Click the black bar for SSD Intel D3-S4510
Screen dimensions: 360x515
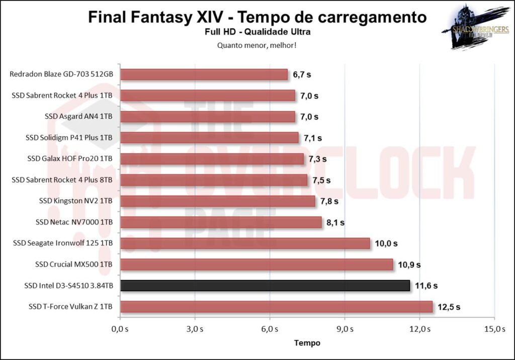tap(265, 286)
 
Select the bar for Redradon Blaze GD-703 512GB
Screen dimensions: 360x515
tap(204, 74)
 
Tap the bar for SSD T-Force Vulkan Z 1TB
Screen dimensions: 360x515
tap(277, 307)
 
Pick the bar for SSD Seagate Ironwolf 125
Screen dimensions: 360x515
tap(245, 243)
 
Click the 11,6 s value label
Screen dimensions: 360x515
tap(426, 286)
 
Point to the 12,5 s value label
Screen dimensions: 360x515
tap(449, 307)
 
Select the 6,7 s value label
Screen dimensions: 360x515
tap(302, 74)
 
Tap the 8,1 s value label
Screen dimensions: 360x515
tap(337, 222)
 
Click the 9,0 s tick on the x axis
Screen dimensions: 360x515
tap(345, 329)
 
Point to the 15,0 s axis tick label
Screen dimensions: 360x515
tap(494, 329)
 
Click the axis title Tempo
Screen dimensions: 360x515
tap(307, 343)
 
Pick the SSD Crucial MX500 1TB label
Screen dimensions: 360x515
tap(73, 264)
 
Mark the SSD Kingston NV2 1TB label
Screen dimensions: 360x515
tap(75, 201)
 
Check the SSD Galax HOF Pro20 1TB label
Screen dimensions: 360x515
tap(70, 159)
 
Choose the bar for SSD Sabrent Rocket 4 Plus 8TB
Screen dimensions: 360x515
tap(214, 180)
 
